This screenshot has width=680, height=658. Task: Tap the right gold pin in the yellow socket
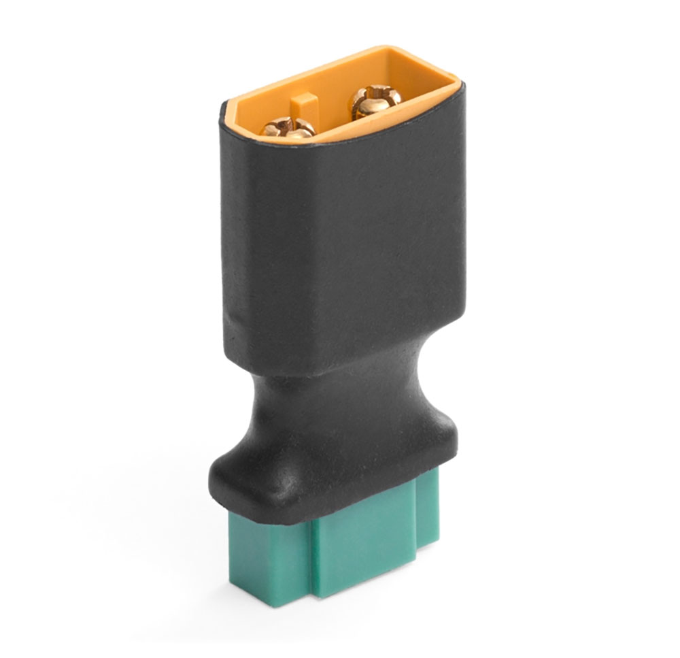point(369,100)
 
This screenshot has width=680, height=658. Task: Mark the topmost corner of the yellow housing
point(389,48)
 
